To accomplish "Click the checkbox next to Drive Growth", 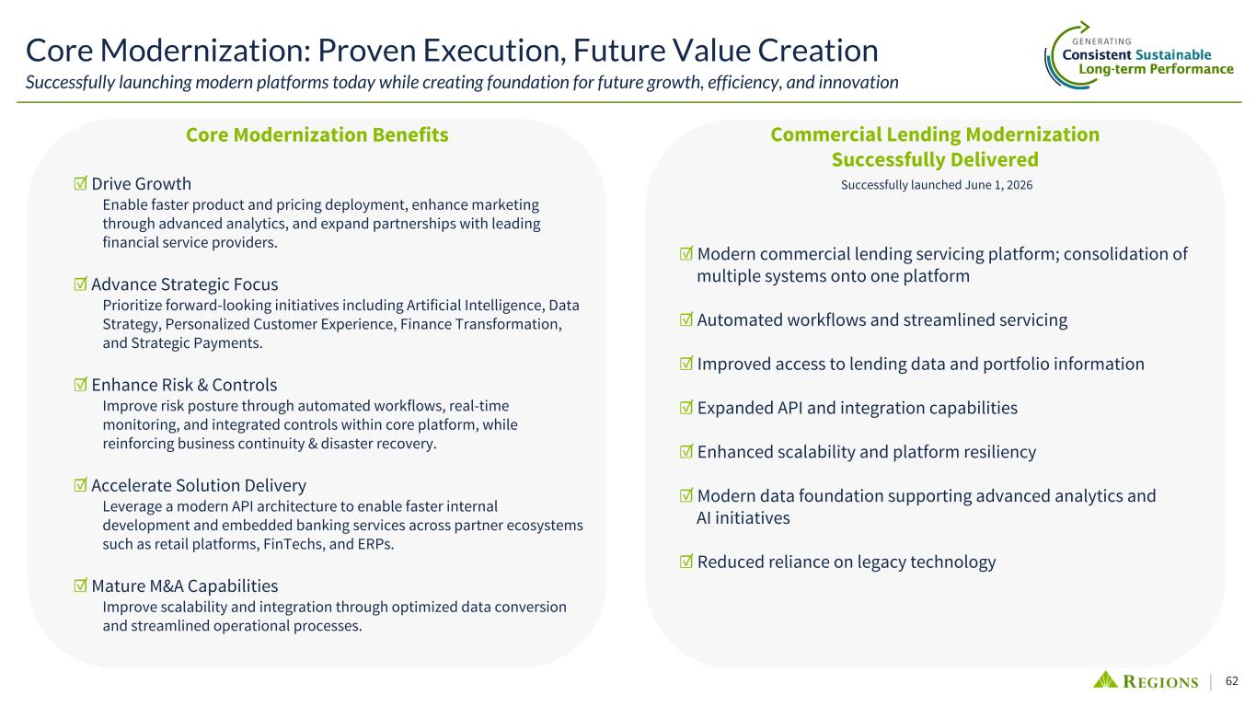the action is pos(81,183).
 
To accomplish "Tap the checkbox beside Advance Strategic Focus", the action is pos(81,284).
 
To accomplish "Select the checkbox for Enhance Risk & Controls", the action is pos(81,385).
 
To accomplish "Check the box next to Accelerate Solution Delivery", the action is pos(81,485).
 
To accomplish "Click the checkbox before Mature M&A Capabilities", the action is pos(81,585).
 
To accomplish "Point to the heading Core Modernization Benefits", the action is pos(317,134).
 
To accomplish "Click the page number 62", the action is pos(1232,680).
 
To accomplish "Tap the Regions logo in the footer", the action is pos(1146,680).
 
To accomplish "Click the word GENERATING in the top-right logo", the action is pos(1101,41).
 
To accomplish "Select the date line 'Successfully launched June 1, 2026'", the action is pos(937,185).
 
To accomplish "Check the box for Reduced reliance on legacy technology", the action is pos(686,562).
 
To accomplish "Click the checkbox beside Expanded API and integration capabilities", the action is pos(686,408).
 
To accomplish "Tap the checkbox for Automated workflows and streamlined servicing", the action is pos(686,319).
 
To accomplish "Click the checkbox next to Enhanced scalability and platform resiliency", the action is pos(686,451).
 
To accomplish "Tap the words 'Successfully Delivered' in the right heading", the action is pos(935,160).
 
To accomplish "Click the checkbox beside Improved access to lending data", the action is pos(686,364).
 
